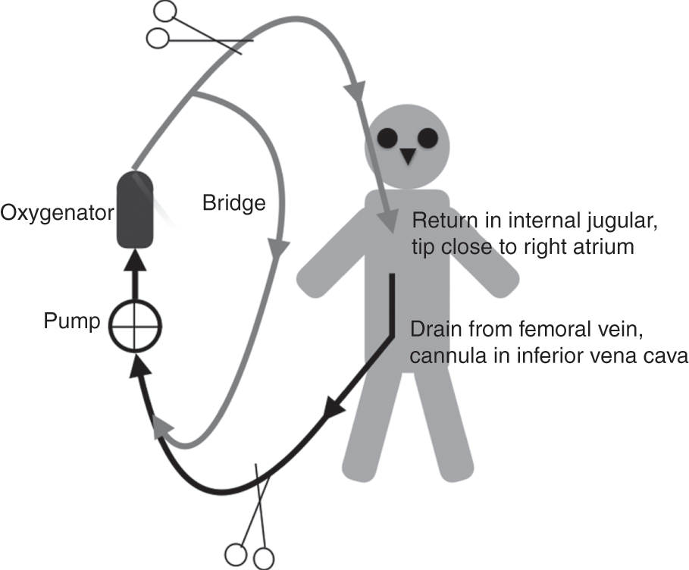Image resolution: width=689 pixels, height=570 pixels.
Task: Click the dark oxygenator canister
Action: click(135, 210)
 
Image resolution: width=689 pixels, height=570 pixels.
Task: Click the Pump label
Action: click(72, 321)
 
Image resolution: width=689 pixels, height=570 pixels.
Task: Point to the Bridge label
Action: click(234, 202)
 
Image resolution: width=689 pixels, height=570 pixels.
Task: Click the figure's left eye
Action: click(389, 138)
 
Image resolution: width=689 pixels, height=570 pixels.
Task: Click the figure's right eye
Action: click(427, 138)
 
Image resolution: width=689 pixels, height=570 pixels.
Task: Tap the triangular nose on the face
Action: click(409, 156)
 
